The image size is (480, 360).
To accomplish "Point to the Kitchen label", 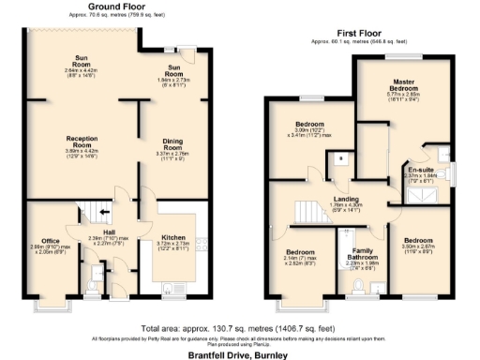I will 173,238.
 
